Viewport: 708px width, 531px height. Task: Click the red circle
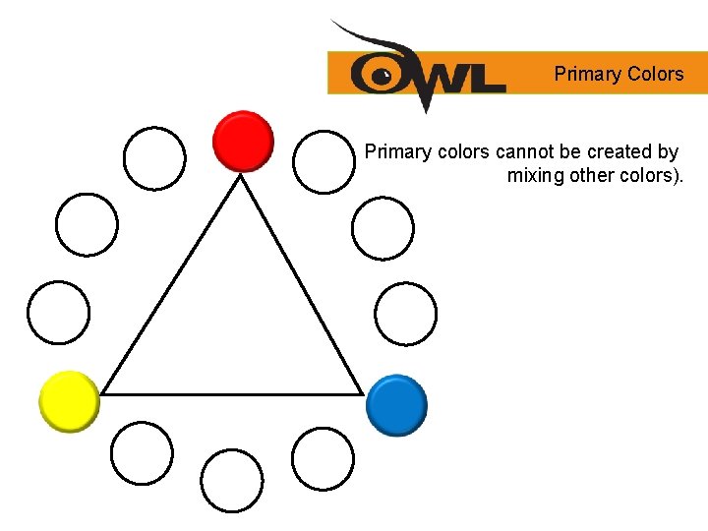coord(243,141)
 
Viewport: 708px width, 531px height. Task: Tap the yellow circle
coord(69,400)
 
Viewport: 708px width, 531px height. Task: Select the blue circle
coord(396,404)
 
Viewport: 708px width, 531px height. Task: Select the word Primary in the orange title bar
coord(586,74)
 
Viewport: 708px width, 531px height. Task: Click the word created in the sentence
coord(621,152)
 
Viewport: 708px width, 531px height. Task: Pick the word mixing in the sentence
coord(536,177)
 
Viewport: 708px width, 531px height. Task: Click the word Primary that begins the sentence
coord(396,152)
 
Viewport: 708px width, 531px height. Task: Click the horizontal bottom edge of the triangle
coord(232,393)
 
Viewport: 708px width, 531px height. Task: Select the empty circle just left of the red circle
coord(154,156)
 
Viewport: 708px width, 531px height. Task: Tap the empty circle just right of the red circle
coord(324,160)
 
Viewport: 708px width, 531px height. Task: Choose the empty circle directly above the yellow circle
coord(58,313)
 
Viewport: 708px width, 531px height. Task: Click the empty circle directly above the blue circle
coord(406,314)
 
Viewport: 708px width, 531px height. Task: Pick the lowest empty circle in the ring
coord(232,481)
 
